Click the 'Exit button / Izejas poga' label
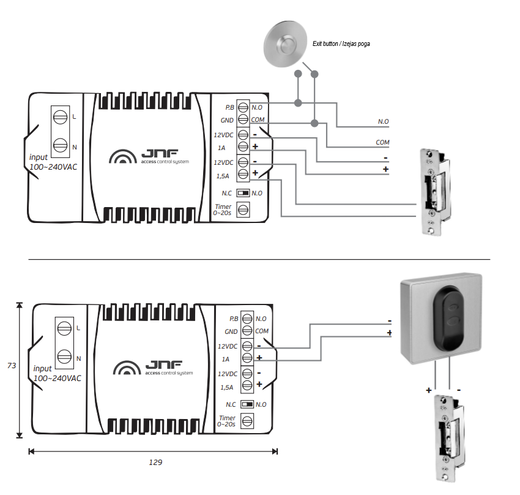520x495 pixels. pos(342,43)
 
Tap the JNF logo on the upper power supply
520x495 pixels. pos(150,157)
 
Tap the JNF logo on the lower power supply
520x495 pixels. pos(154,369)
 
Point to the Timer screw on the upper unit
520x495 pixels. pos(243,210)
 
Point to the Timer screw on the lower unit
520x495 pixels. pos(247,421)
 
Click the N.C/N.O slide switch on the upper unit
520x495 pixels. pos(243,193)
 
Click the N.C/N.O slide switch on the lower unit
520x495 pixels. pos(247,404)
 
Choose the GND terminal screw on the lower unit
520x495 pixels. pos(247,331)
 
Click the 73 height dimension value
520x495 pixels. pos(12,366)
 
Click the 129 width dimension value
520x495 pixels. pos(155,463)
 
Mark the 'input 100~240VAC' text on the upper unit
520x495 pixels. pos(53,162)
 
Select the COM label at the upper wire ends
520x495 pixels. pos(382,142)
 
